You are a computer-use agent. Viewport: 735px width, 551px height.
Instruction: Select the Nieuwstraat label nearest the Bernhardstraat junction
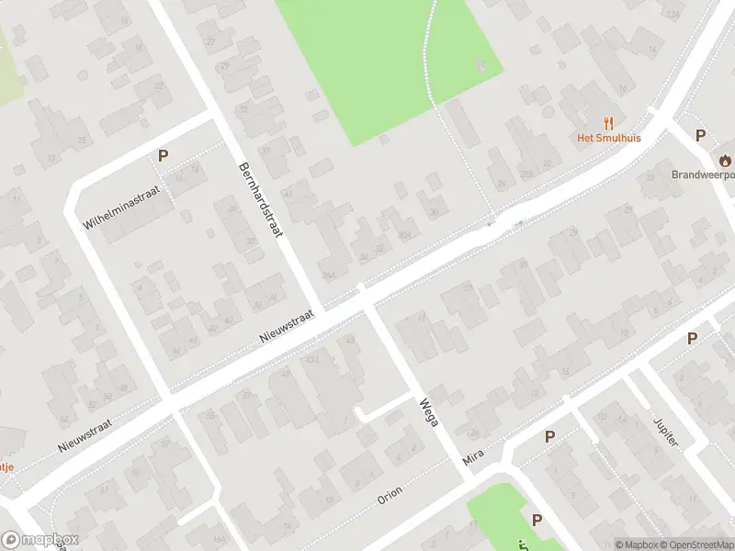click(287, 327)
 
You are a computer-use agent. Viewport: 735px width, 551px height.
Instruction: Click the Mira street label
click(474, 455)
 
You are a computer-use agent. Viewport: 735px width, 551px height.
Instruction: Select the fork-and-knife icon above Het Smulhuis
click(607, 122)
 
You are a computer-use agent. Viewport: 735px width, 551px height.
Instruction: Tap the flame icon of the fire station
click(726, 158)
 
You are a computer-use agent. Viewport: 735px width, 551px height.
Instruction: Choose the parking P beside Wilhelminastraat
click(163, 156)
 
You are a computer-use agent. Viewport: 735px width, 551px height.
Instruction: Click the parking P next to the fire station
click(700, 136)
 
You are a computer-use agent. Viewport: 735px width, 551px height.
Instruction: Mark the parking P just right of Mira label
click(550, 437)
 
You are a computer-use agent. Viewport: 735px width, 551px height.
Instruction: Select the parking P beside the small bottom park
click(537, 521)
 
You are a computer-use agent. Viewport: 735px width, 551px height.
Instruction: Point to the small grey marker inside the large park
click(480, 64)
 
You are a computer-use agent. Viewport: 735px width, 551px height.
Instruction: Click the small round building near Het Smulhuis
click(548, 112)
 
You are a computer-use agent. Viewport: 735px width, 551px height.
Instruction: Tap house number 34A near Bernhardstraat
click(329, 275)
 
